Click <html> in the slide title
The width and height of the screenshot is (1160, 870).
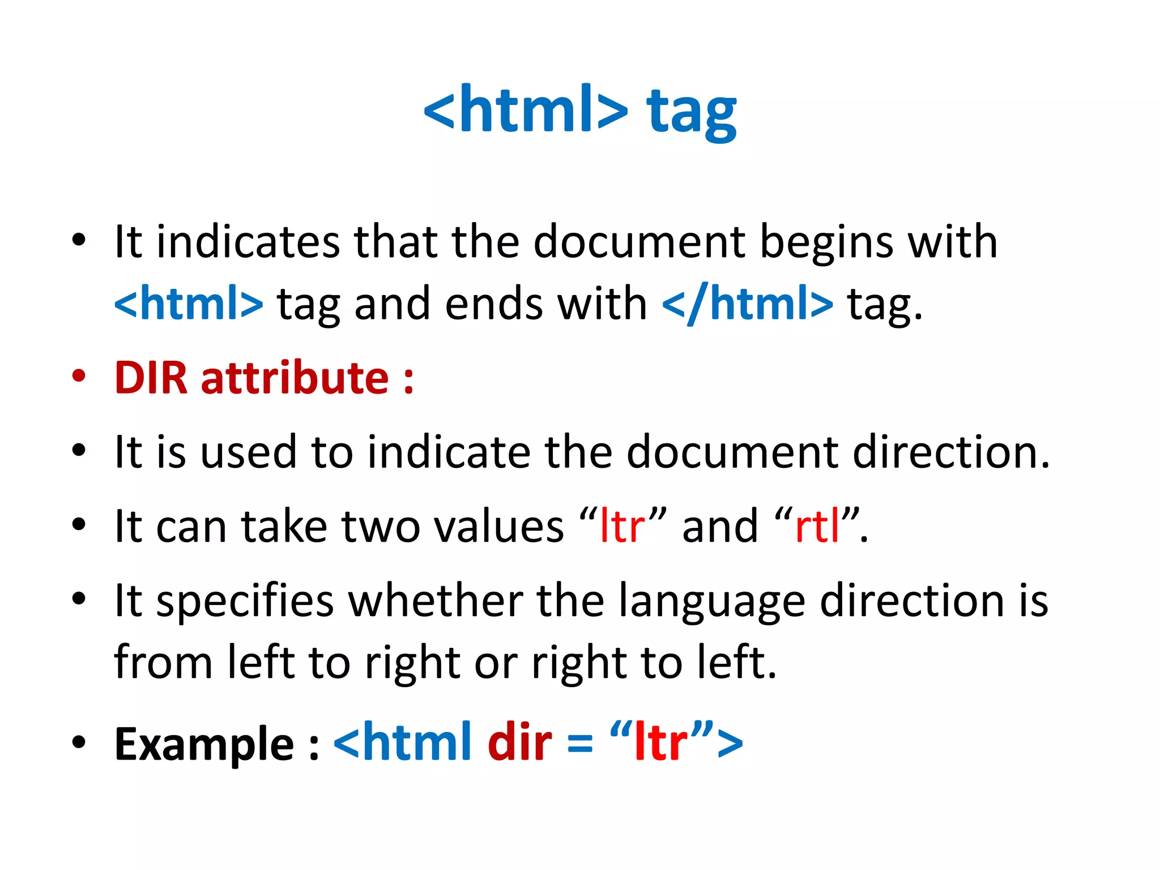coord(526,109)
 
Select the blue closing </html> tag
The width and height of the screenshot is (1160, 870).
coord(748,304)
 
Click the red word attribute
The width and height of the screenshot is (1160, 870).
coord(295,378)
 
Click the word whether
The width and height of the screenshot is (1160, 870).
coord(436,600)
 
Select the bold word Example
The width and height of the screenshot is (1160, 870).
coord(204,744)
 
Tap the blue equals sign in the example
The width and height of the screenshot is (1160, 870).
coord(580,744)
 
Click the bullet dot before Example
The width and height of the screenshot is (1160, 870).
coord(79,742)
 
